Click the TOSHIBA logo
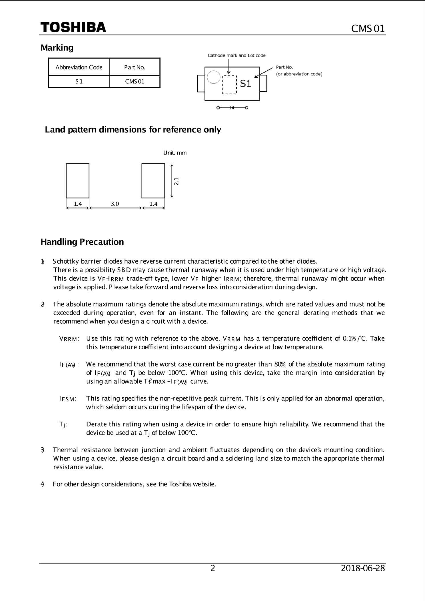click(73, 27)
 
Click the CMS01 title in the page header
click(368, 29)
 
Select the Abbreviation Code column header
click(79, 67)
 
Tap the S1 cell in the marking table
click(79, 81)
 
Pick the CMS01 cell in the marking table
click(135, 81)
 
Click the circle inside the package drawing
click(213, 77)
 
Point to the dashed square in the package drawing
click(230, 85)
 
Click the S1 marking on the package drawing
click(245, 83)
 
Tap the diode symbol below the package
click(232, 108)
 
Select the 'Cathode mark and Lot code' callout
click(236, 55)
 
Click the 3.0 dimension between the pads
click(115, 204)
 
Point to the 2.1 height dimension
click(177, 181)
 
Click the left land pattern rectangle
click(77, 181)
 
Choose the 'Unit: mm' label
click(175, 153)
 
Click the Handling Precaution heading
click(82, 242)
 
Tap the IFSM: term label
click(68, 399)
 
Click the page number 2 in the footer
click(213, 568)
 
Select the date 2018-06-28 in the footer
click(363, 568)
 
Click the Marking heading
click(57, 48)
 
